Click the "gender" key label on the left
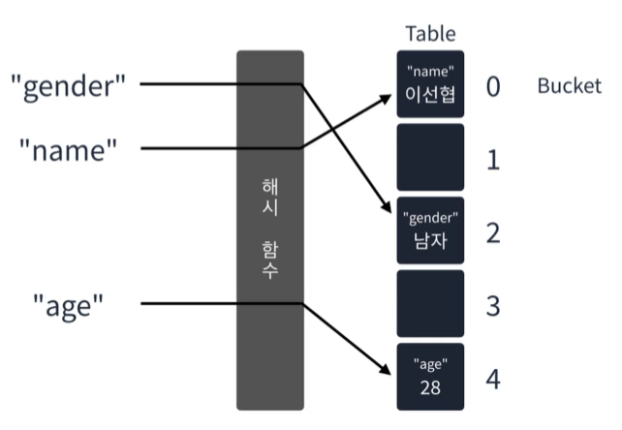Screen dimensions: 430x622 [x=68, y=85]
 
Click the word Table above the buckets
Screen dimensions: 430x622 [x=430, y=35]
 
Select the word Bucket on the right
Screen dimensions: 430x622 [x=569, y=85]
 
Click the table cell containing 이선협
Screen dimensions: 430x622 [x=430, y=84]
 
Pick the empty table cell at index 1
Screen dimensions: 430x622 [x=430, y=157]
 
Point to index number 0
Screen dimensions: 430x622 [x=492, y=86]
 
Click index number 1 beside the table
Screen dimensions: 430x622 [x=492, y=160]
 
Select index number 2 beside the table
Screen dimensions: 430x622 [x=492, y=233]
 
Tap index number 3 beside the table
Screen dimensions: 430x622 [x=492, y=306]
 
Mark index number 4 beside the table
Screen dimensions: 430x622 [x=492, y=379]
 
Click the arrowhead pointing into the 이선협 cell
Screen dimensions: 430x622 [x=389, y=86]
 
